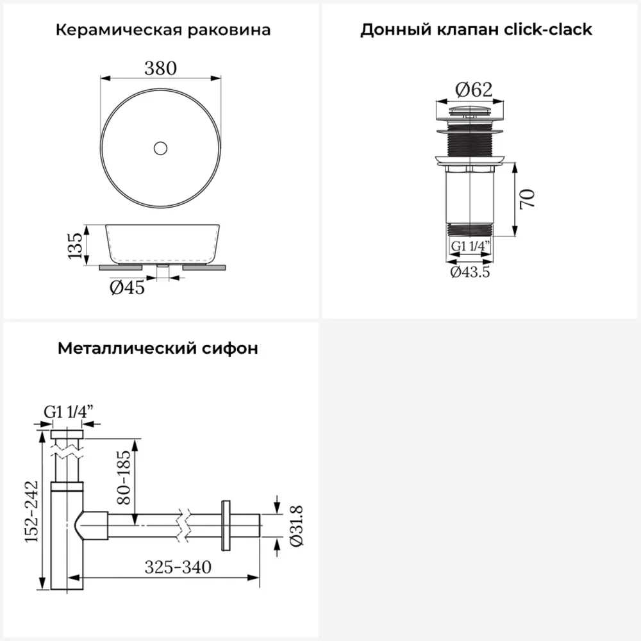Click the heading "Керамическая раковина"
(163, 30)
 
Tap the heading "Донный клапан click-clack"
(476, 29)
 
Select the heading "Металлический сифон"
(158, 348)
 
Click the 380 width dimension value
(161, 68)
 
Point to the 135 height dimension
(75, 246)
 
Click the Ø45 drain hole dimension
(127, 287)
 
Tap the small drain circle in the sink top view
(161, 148)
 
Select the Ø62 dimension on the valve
(474, 90)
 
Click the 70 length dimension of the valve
(528, 199)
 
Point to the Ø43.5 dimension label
(470, 272)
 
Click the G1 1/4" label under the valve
(470, 246)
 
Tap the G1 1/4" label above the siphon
(69, 412)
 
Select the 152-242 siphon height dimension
(31, 512)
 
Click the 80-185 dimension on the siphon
(124, 477)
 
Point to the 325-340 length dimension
(178, 567)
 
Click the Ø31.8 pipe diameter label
(296, 526)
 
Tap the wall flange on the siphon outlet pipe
(226, 526)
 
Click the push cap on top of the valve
(470, 111)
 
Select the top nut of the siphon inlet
(67, 434)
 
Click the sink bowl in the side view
(162, 244)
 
